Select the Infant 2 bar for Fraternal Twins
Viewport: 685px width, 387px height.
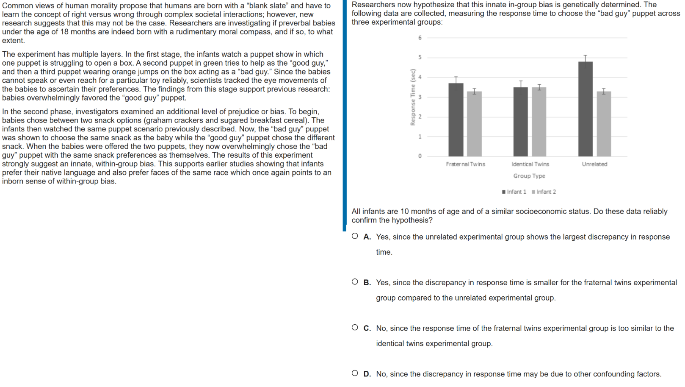[474, 124]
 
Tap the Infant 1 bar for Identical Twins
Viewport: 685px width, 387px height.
[520, 122]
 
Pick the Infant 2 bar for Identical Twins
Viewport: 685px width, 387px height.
[539, 122]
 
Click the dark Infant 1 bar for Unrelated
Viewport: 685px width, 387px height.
[585, 109]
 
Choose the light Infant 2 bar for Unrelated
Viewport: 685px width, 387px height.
[604, 124]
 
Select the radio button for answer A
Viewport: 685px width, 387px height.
[355, 236]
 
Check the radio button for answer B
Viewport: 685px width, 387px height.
[355, 282]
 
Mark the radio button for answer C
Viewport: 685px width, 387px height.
[355, 328]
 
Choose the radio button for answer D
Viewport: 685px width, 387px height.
[355, 373]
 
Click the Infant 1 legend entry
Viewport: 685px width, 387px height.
[514, 192]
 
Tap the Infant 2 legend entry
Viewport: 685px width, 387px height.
[544, 192]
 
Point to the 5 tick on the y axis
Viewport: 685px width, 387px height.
[420, 57]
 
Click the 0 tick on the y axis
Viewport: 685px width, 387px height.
[420, 156]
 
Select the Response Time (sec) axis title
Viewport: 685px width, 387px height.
[412, 97]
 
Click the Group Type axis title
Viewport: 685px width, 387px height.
[529, 176]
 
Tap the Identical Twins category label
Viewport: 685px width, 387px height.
[530, 164]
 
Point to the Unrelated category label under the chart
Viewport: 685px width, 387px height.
[594, 164]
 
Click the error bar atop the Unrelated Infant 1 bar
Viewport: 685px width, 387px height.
[586, 58]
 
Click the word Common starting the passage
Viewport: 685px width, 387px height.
[17, 6]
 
